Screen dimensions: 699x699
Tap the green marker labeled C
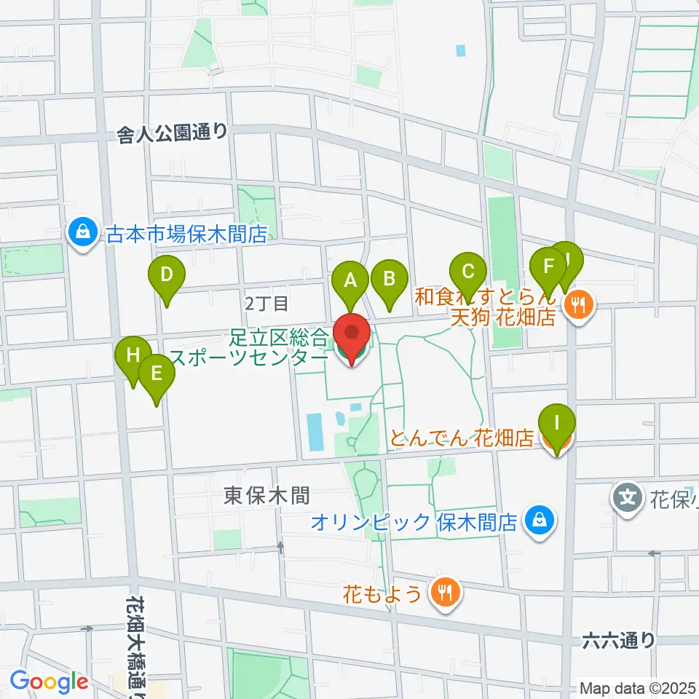(468, 272)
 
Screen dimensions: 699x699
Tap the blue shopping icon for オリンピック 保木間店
(539, 521)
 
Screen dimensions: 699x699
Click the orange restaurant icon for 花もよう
(444, 592)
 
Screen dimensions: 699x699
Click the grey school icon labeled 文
(628, 499)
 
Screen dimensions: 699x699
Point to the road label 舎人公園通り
(173, 133)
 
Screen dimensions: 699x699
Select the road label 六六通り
(618, 640)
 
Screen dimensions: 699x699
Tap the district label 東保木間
(266, 496)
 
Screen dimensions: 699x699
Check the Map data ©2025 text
(638, 687)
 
